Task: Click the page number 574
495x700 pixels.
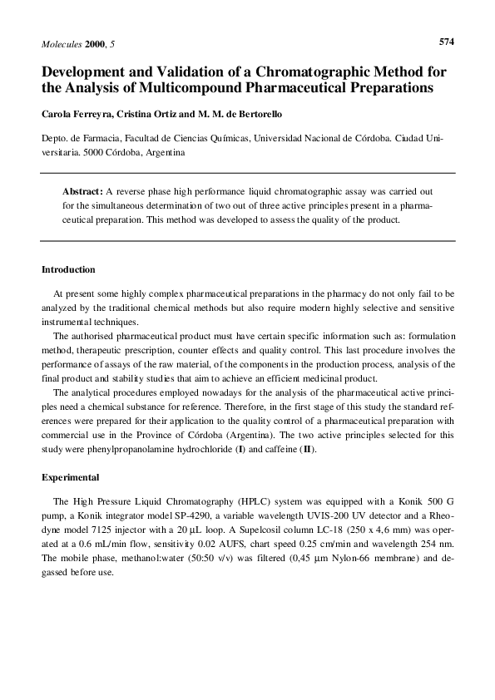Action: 446,40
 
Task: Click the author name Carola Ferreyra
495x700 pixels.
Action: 73,113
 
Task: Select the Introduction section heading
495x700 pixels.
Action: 68,269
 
